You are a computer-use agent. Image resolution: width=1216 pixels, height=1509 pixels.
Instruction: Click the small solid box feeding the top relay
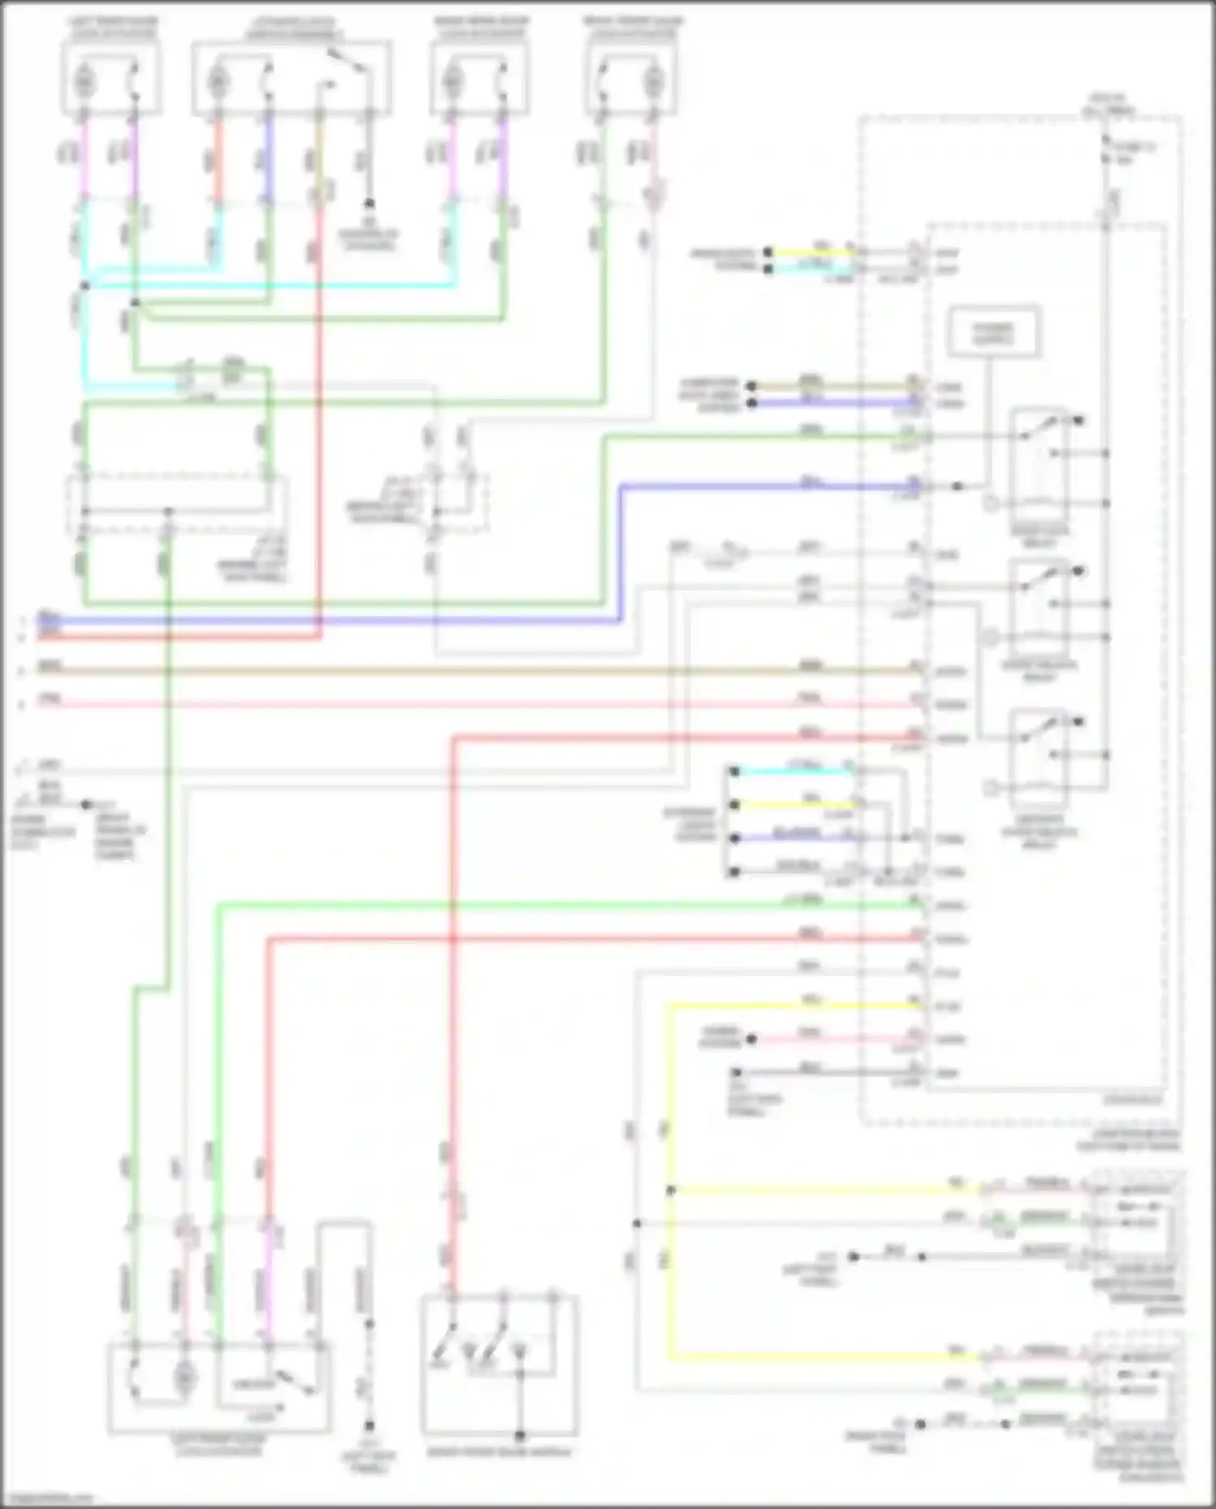coord(993,332)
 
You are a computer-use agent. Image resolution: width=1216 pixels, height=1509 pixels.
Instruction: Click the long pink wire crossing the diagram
coord(486,704)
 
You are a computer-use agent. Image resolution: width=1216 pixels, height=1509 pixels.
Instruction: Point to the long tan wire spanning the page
coord(486,671)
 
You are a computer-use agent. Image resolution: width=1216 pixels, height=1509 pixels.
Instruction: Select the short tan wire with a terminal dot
coord(835,386)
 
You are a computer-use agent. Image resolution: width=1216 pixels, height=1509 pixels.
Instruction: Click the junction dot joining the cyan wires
coord(85,285)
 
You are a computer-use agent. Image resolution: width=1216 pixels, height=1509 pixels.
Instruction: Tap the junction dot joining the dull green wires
coord(135,303)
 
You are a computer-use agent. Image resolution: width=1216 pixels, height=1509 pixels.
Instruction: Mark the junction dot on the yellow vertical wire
coord(670,1190)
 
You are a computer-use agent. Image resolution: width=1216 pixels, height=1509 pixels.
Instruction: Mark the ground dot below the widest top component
coord(369,203)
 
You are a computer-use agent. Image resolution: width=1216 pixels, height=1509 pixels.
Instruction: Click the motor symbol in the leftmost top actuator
coord(84,82)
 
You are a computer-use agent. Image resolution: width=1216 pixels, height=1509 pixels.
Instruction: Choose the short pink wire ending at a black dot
coord(835,1039)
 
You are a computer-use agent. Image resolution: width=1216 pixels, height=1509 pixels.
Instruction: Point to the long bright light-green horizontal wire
coord(567,904)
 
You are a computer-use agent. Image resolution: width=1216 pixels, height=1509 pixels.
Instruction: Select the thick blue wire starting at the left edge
coord(324,621)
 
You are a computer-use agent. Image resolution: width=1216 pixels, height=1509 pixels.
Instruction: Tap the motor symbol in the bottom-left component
coord(186,1378)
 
